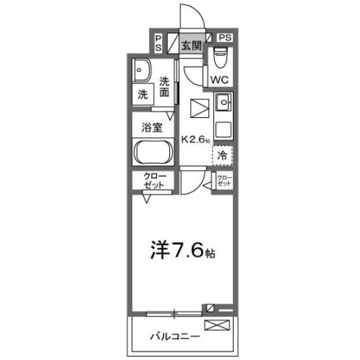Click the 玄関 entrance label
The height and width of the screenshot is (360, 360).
click(x=191, y=46)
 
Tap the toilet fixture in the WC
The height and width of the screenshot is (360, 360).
click(x=221, y=57)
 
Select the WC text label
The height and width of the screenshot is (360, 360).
click(x=219, y=79)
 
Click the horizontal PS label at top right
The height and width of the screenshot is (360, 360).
click(x=225, y=38)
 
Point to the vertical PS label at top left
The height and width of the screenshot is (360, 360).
click(x=158, y=43)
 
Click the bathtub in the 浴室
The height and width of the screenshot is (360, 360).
click(x=153, y=152)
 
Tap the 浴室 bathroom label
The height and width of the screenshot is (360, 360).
click(x=152, y=128)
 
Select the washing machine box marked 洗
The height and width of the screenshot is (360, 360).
click(x=143, y=94)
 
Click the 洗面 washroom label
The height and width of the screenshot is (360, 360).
click(x=165, y=87)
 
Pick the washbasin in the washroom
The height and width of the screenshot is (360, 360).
click(x=142, y=70)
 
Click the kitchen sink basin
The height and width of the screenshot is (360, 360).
click(x=223, y=102)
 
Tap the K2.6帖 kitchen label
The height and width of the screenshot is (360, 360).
click(x=196, y=139)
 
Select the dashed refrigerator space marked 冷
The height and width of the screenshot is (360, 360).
click(x=222, y=155)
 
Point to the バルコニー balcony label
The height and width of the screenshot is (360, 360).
click(x=175, y=337)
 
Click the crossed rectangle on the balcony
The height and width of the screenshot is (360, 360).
click(x=217, y=325)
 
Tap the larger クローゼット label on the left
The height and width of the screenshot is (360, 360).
click(x=154, y=181)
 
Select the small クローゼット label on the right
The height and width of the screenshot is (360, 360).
click(x=225, y=180)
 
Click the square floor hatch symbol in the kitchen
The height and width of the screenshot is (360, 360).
click(x=199, y=108)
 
